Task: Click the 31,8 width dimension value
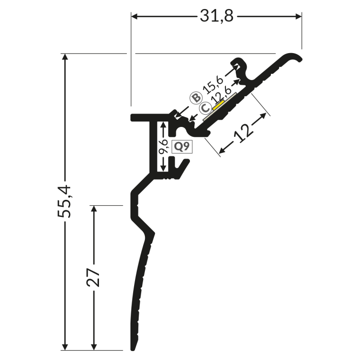tap(216, 16)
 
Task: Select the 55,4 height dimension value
tap(64, 201)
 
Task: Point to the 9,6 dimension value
tap(163, 146)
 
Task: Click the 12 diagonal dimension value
tap(243, 133)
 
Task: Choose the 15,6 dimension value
tap(213, 85)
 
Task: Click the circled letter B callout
tap(196, 98)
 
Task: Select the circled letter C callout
tap(206, 108)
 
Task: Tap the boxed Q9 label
tap(182, 147)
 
